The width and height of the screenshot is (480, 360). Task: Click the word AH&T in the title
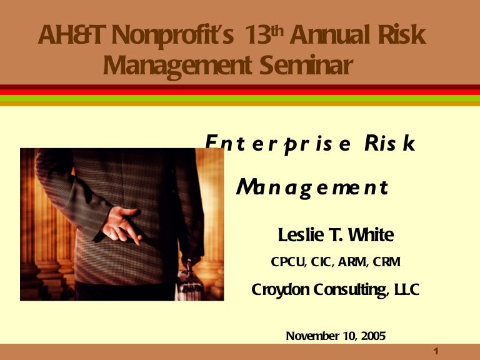click(72, 34)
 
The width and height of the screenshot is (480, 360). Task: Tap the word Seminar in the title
click(306, 65)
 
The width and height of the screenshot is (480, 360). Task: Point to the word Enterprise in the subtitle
click(278, 143)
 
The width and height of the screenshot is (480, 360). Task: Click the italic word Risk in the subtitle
click(390, 142)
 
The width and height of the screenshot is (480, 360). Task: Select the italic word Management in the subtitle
click(312, 187)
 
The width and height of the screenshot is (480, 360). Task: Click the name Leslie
click(301, 235)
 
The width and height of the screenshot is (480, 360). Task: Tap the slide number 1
click(436, 351)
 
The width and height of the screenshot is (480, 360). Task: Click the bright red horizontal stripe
click(240, 92)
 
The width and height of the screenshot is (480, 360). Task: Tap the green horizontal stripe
click(240, 98)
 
